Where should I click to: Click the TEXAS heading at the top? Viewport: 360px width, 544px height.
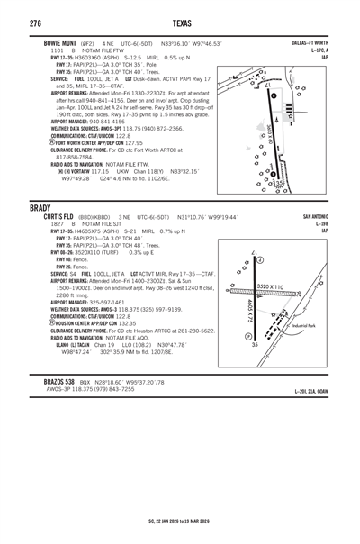click(179, 22)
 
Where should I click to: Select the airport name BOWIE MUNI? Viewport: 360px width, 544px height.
click(62, 42)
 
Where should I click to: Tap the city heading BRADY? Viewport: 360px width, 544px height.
click(40, 207)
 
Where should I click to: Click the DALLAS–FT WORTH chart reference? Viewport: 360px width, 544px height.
click(310, 42)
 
